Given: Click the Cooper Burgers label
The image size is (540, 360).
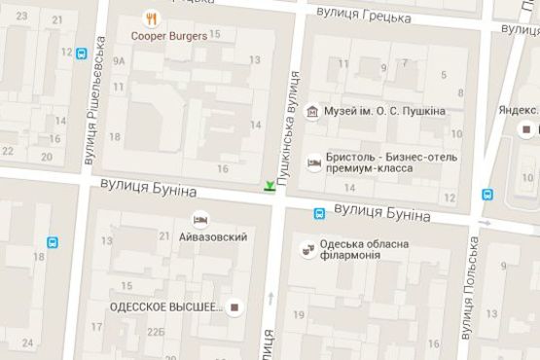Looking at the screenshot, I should point(171,36).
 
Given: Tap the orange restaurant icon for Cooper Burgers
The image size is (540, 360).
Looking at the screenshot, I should point(151,18).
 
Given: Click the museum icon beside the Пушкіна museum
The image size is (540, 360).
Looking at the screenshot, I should point(311,112).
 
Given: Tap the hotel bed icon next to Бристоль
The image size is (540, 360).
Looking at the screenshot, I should point(313,162).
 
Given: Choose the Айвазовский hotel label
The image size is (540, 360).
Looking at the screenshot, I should point(212,236).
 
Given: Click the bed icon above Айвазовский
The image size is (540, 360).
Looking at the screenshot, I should point(200,218).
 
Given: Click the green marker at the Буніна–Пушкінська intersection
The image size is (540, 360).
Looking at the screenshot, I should point(269,185).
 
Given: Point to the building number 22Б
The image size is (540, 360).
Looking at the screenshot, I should point(156,332).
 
